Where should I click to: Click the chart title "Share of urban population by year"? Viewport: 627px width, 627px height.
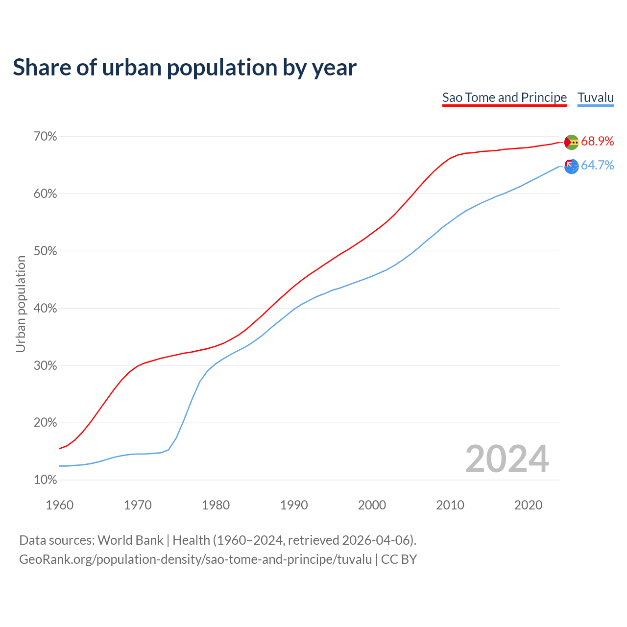(x=185, y=68)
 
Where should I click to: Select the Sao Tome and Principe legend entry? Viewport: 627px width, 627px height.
(x=505, y=97)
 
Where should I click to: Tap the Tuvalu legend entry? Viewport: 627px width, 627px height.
(x=596, y=97)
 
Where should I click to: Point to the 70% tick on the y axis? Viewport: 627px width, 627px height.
(x=45, y=137)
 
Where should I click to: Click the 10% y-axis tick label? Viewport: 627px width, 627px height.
(x=45, y=480)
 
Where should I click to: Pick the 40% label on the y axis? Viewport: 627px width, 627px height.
(x=45, y=309)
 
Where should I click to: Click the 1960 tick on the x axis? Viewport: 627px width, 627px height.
(x=59, y=505)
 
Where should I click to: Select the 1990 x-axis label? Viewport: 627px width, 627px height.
(x=294, y=505)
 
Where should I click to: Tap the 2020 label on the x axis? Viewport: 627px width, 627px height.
(x=528, y=505)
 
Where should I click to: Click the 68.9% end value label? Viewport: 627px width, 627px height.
(x=598, y=142)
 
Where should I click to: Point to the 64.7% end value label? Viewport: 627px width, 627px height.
(x=598, y=166)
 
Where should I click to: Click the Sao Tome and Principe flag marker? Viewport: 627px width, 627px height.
(x=571, y=142)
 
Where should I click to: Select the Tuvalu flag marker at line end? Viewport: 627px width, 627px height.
(x=571, y=167)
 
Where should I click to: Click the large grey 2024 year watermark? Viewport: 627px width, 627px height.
(x=507, y=459)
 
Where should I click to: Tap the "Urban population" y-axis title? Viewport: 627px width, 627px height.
(x=21, y=304)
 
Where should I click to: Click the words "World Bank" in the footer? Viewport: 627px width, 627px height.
(x=130, y=540)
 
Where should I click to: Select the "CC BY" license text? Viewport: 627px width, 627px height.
(x=399, y=559)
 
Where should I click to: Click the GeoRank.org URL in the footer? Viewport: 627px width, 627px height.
(x=195, y=559)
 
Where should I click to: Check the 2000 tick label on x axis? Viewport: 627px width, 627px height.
(x=372, y=505)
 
